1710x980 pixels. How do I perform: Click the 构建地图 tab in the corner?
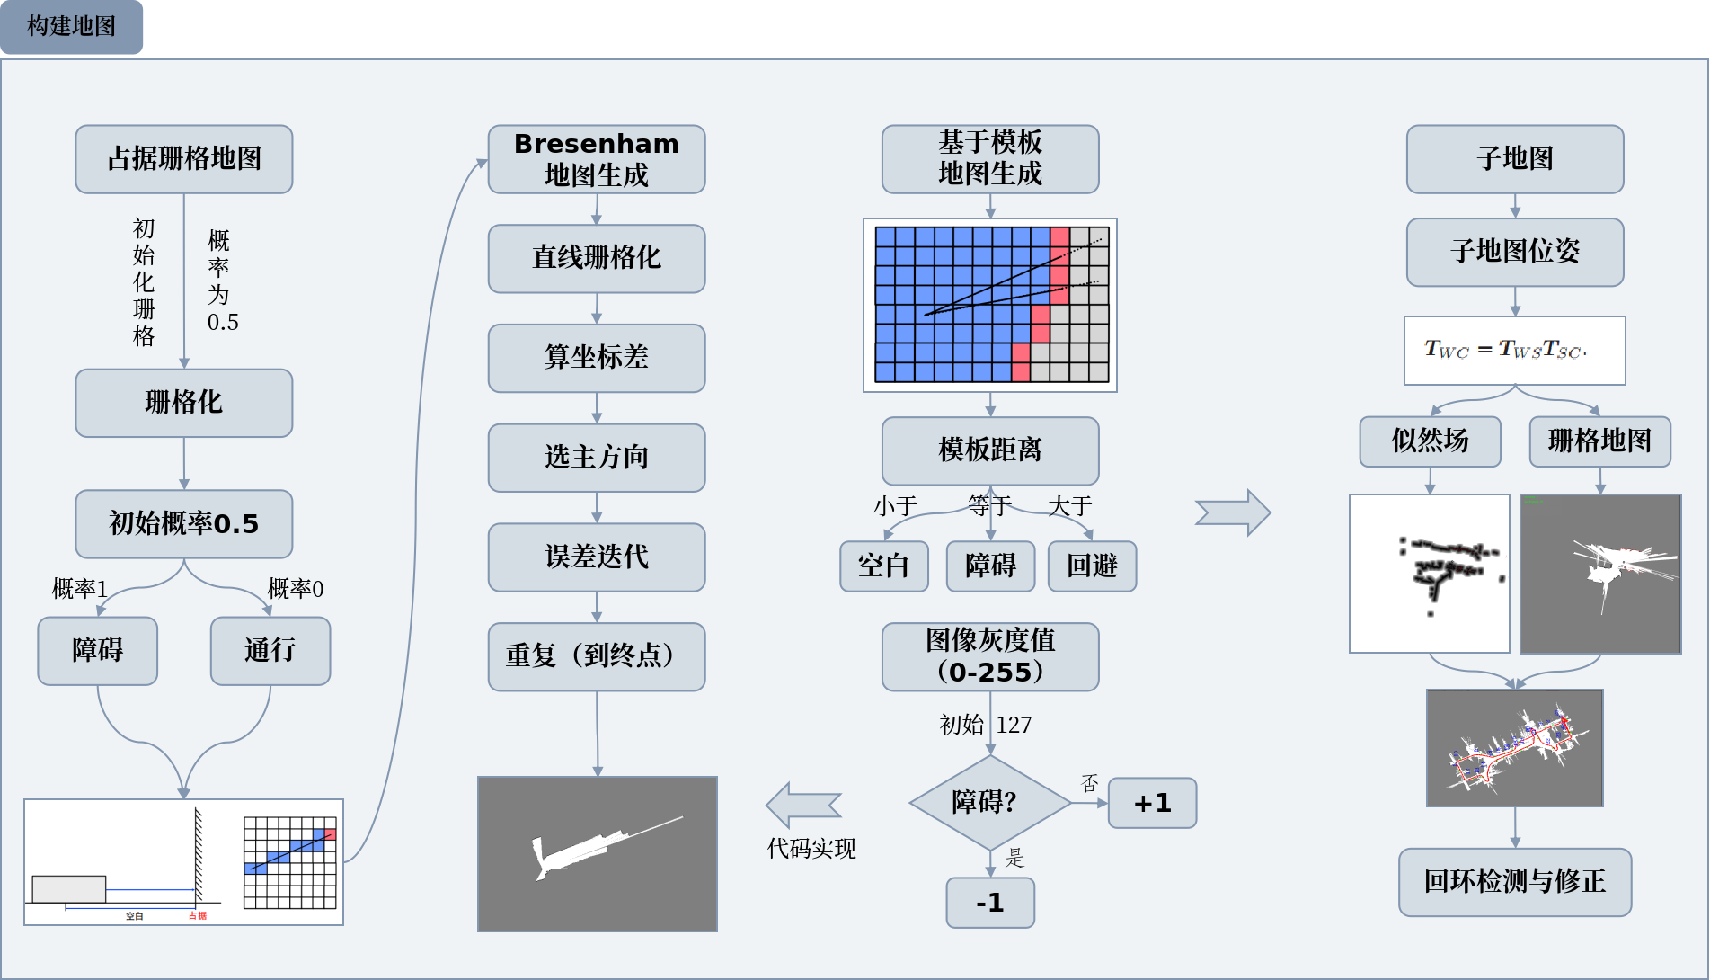tap(71, 26)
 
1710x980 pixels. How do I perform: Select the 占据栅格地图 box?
tap(184, 159)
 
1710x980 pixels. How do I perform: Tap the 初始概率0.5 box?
tap(184, 523)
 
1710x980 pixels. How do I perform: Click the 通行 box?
tap(270, 650)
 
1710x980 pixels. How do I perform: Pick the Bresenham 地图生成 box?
tap(597, 159)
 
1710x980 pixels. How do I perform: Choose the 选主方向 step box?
tap(597, 458)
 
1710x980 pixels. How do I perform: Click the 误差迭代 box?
tap(597, 557)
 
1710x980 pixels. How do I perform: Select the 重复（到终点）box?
tap(597, 656)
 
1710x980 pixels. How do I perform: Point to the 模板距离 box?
tap(990, 450)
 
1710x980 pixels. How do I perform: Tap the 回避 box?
tap(1092, 566)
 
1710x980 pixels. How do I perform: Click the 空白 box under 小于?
tap(884, 566)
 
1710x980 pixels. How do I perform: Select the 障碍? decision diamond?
tap(989, 802)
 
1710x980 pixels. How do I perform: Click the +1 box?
tap(1152, 803)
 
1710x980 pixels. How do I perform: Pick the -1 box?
tap(990, 903)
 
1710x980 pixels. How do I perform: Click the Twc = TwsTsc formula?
tap(1514, 350)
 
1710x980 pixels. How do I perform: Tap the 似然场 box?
tap(1430, 441)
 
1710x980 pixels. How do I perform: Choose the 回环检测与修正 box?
tap(1515, 882)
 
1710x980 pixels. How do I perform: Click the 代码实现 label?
tap(811, 849)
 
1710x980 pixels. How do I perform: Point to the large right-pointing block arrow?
tap(1233, 512)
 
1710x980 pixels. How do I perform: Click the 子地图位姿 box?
tap(1515, 252)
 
